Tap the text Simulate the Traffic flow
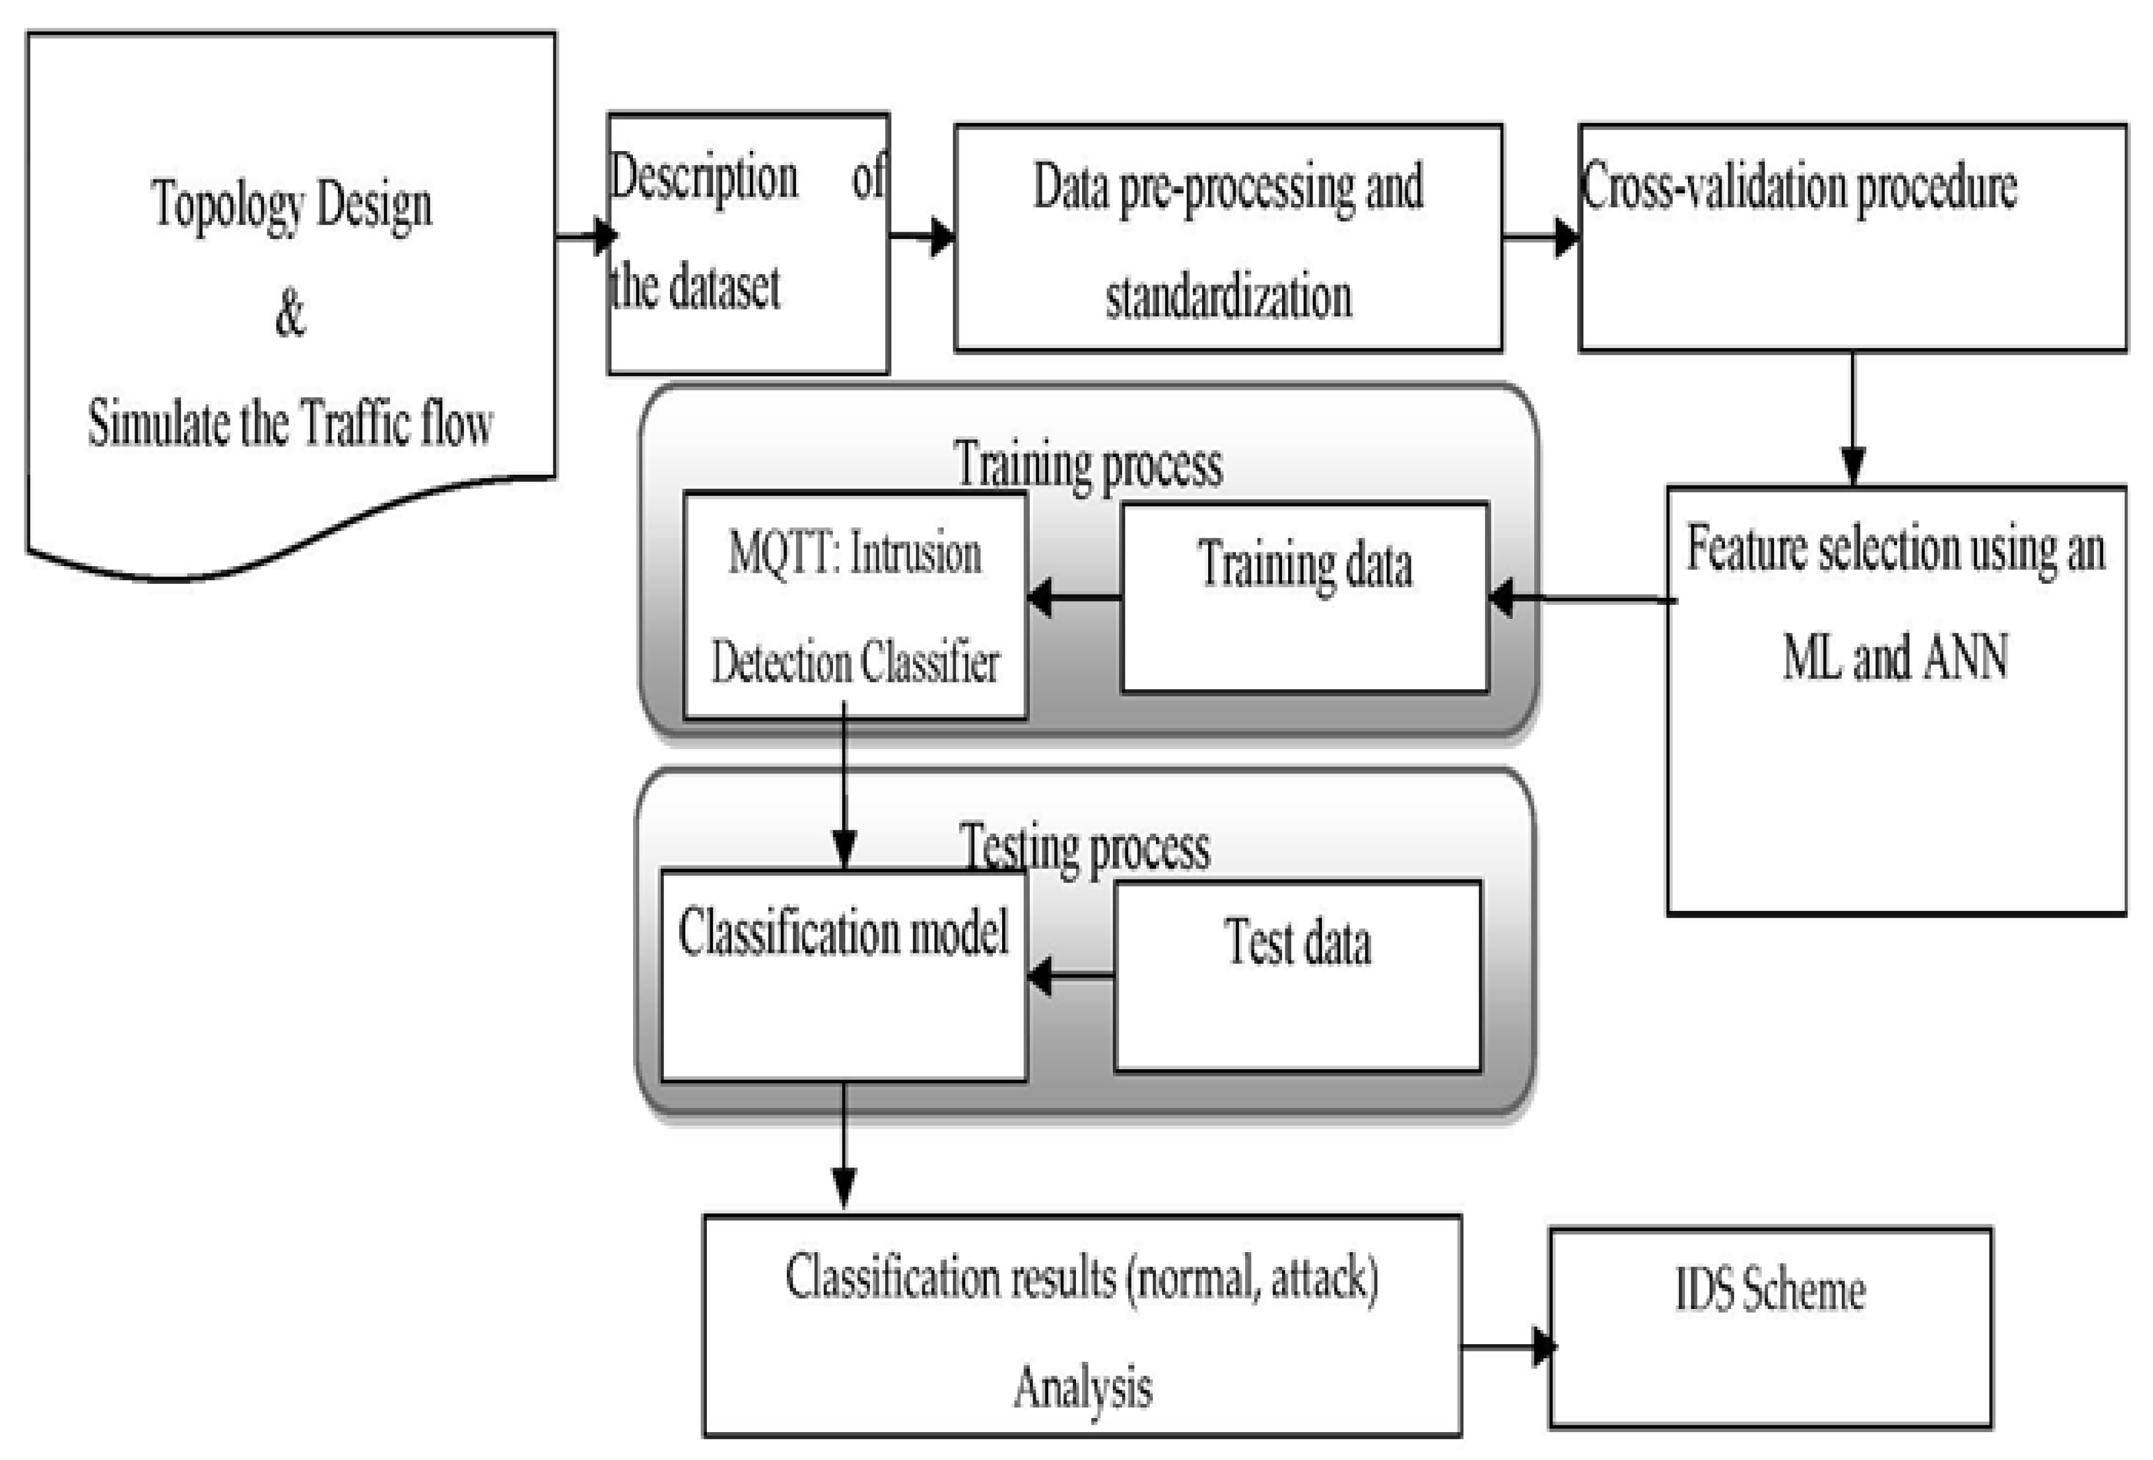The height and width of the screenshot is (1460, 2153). click(x=290, y=424)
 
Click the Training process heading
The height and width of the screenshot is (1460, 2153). click(x=1088, y=463)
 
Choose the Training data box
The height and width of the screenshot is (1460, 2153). click(x=1304, y=597)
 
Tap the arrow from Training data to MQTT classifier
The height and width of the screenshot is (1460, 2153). click(x=1075, y=597)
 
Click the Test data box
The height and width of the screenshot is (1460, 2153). click(x=1297, y=976)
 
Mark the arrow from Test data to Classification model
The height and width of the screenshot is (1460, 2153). click(x=1070, y=976)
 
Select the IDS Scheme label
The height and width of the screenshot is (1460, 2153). click(x=1769, y=1290)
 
